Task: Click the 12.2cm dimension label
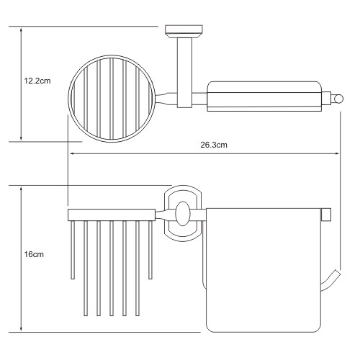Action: tap(37, 81)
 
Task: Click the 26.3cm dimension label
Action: tap(214, 145)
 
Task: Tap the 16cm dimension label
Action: tap(34, 254)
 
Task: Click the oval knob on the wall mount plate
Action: tap(183, 214)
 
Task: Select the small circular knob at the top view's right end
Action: tap(338, 99)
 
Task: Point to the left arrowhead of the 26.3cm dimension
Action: tap(71, 153)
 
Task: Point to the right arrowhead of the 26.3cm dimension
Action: tap(337, 153)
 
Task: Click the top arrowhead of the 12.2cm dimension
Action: tap(21, 30)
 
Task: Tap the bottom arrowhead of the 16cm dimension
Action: tap(21, 329)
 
